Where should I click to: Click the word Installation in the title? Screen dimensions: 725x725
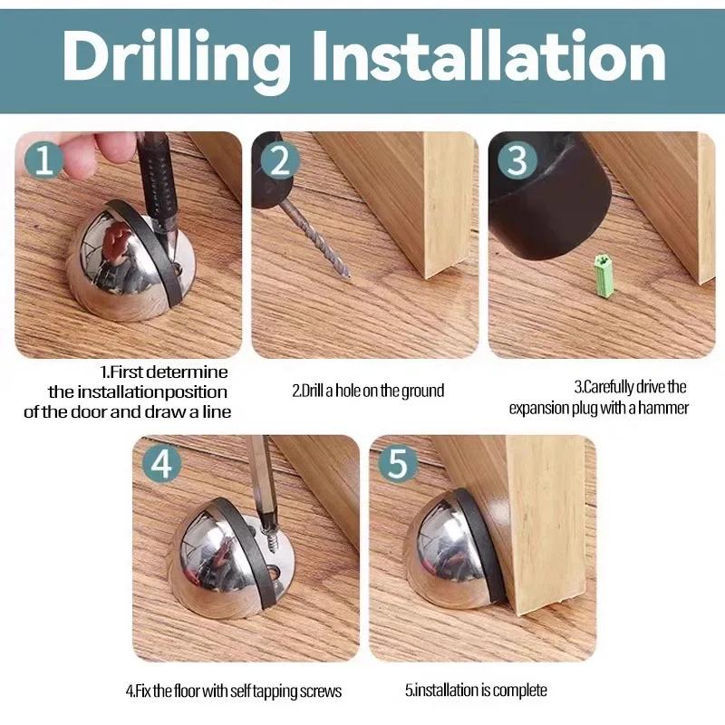point(488,55)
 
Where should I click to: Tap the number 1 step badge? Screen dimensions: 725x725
point(43,160)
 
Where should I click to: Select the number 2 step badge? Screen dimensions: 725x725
point(280,160)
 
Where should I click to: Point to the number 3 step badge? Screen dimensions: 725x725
point(517,160)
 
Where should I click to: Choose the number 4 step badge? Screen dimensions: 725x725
point(161,463)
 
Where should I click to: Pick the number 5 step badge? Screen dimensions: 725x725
point(398,463)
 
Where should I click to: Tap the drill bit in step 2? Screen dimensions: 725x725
point(314,239)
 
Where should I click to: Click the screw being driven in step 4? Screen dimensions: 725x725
point(270,539)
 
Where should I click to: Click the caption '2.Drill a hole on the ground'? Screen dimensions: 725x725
point(368,391)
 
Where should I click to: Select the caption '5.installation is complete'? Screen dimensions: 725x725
point(476,691)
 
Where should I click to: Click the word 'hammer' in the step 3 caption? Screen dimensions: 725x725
point(663,409)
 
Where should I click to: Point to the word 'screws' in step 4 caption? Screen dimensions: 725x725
point(321,691)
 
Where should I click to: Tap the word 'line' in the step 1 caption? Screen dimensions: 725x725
point(217,411)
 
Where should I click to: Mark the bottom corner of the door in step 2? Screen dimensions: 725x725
point(426,277)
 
